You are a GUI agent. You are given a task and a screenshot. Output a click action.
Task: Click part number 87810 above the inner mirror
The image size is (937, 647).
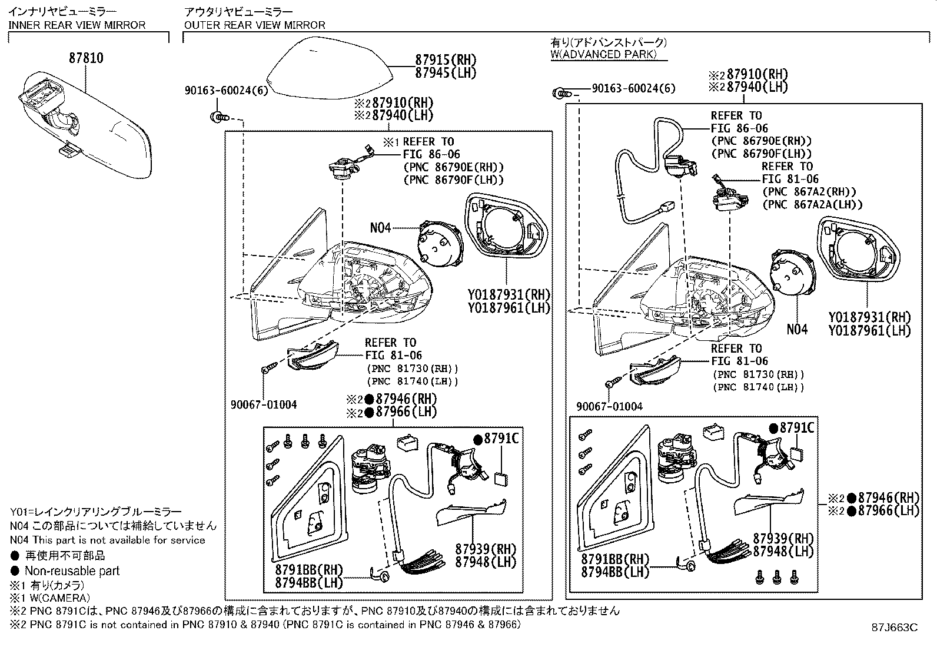(x=86, y=58)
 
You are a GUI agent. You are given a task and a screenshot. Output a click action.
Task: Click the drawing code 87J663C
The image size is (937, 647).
(x=895, y=628)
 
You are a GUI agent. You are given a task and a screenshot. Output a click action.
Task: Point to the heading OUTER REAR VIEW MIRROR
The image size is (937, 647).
(x=254, y=25)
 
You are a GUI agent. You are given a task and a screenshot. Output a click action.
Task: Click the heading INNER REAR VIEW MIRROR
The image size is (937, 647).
(x=77, y=25)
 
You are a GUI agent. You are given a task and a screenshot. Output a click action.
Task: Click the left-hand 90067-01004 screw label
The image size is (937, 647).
(x=264, y=404)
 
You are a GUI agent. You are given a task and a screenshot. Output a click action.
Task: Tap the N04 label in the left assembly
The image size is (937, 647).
(x=380, y=228)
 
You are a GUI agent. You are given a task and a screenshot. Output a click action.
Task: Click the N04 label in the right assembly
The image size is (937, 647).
(x=797, y=330)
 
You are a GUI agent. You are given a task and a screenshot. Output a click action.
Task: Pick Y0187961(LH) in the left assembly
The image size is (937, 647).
(x=509, y=308)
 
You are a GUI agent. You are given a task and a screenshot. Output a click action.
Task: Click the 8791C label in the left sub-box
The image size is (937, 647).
(x=500, y=439)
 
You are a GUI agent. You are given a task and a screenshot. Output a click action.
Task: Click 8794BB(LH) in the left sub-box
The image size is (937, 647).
(x=308, y=583)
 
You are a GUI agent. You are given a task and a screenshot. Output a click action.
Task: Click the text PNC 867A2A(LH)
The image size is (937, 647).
(x=812, y=205)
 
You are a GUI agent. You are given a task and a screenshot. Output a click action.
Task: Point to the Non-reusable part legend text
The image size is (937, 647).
(x=72, y=571)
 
